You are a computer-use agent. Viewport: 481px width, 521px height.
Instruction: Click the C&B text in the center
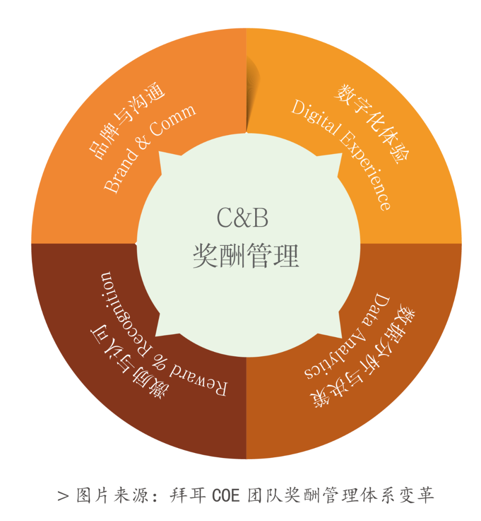click(242, 218)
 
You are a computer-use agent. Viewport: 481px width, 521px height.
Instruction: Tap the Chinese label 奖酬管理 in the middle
click(246, 256)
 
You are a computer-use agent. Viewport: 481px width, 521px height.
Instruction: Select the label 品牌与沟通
click(127, 120)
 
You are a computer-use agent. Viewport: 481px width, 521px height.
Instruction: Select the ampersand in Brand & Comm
click(143, 142)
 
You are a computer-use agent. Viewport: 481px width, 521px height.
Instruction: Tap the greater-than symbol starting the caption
click(63, 496)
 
